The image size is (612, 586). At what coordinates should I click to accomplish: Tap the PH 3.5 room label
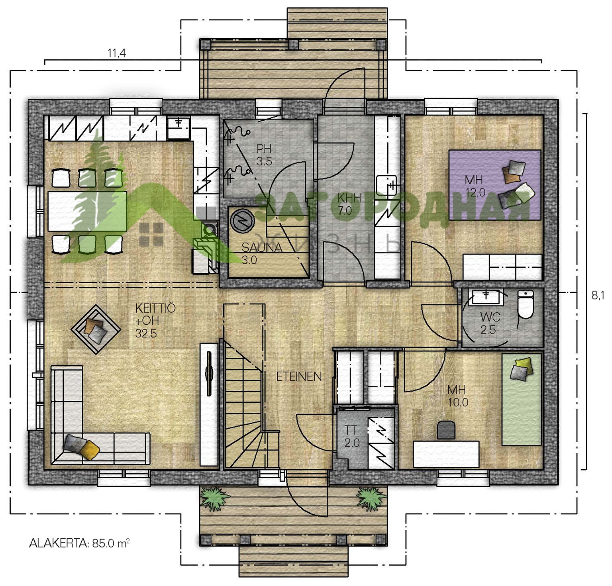[264, 155]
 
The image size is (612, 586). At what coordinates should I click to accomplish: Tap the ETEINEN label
[299, 376]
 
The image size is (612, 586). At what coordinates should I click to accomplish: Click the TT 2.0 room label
[351, 436]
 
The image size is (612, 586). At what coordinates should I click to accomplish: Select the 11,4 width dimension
[117, 53]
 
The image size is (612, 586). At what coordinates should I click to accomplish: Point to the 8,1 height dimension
[598, 295]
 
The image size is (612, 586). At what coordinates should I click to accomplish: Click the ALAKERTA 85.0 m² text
[79, 543]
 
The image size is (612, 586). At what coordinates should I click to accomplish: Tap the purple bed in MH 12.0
[495, 185]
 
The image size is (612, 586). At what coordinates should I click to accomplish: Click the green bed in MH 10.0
[521, 400]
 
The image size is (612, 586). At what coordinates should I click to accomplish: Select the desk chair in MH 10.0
[447, 430]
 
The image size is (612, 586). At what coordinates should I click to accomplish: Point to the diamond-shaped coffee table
[96, 329]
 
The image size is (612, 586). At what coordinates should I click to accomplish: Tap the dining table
[87, 211]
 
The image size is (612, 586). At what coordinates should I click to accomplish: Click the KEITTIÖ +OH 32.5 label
[155, 321]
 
